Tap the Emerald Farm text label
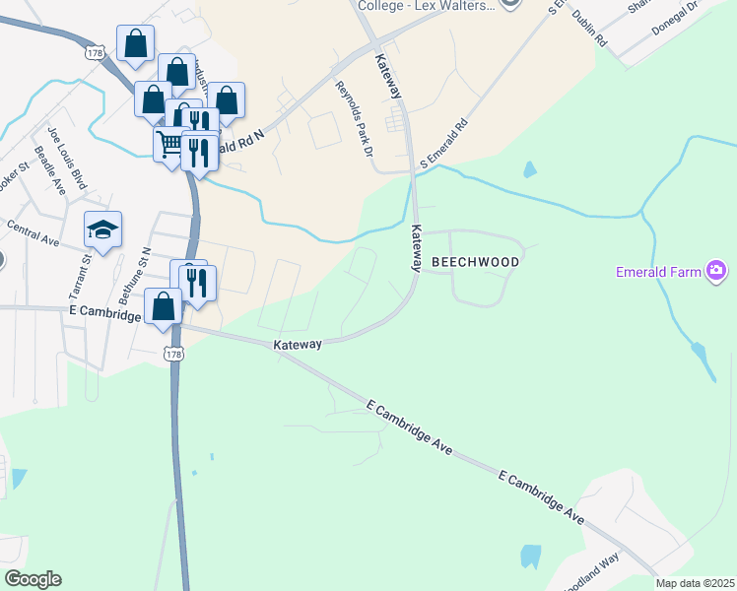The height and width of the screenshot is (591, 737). point(658,271)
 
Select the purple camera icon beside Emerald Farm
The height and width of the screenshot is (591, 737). point(716,270)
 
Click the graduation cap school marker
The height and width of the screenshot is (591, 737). point(102,230)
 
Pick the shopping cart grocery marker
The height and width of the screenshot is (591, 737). point(169,145)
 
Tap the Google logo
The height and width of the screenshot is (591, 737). point(33,578)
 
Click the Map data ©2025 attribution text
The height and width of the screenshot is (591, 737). point(696,583)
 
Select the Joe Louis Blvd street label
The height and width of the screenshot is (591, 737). point(67,156)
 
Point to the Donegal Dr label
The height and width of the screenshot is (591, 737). point(675,19)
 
